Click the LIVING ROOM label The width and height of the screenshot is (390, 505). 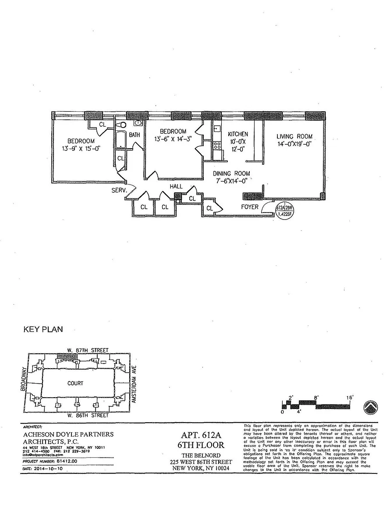[294, 136]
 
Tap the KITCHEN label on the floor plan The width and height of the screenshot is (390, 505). [238, 134]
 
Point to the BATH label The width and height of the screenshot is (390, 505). [135, 135]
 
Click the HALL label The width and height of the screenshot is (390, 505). [177, 186]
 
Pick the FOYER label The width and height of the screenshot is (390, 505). [250, 207]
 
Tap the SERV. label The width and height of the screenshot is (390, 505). [119, 191]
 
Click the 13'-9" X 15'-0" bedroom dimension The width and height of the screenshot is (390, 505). [81, 148]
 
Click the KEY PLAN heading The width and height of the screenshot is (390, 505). [43, 330]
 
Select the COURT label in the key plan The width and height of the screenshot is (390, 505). [75, 383]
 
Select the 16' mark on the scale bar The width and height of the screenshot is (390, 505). [350, 398]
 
